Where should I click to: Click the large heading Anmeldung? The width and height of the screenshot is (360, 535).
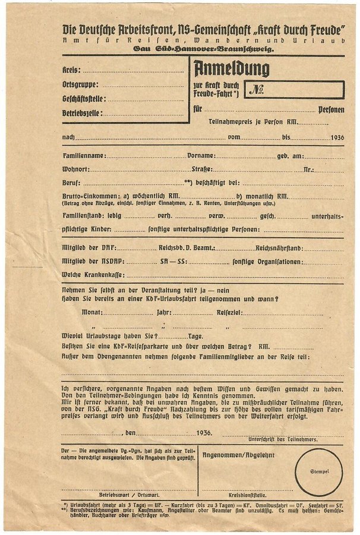click(230, 68)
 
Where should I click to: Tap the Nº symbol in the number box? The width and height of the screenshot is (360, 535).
click(257, 90)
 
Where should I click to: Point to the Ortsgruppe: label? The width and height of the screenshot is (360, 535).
click(80, 84)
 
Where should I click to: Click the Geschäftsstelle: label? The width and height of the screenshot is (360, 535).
click(84, 99)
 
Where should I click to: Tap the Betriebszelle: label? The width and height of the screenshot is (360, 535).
click(82, 113)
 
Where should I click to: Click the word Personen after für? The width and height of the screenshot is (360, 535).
click(331, 110)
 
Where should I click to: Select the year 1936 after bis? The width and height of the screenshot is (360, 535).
click(337, 137)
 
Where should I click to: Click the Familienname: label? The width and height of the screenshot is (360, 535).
click(84, 156)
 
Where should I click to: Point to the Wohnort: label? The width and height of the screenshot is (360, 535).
click(76, 169)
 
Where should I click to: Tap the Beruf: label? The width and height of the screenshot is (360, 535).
click(71, 183)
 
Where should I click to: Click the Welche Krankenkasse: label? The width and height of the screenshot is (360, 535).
click(93, 275)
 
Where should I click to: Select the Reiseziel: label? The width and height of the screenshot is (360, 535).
click(229, 312)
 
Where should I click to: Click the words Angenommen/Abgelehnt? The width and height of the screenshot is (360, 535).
click(230, 455)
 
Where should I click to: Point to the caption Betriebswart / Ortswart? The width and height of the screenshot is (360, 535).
click(122, 494)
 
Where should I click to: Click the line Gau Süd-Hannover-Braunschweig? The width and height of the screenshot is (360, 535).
click(203, 51)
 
